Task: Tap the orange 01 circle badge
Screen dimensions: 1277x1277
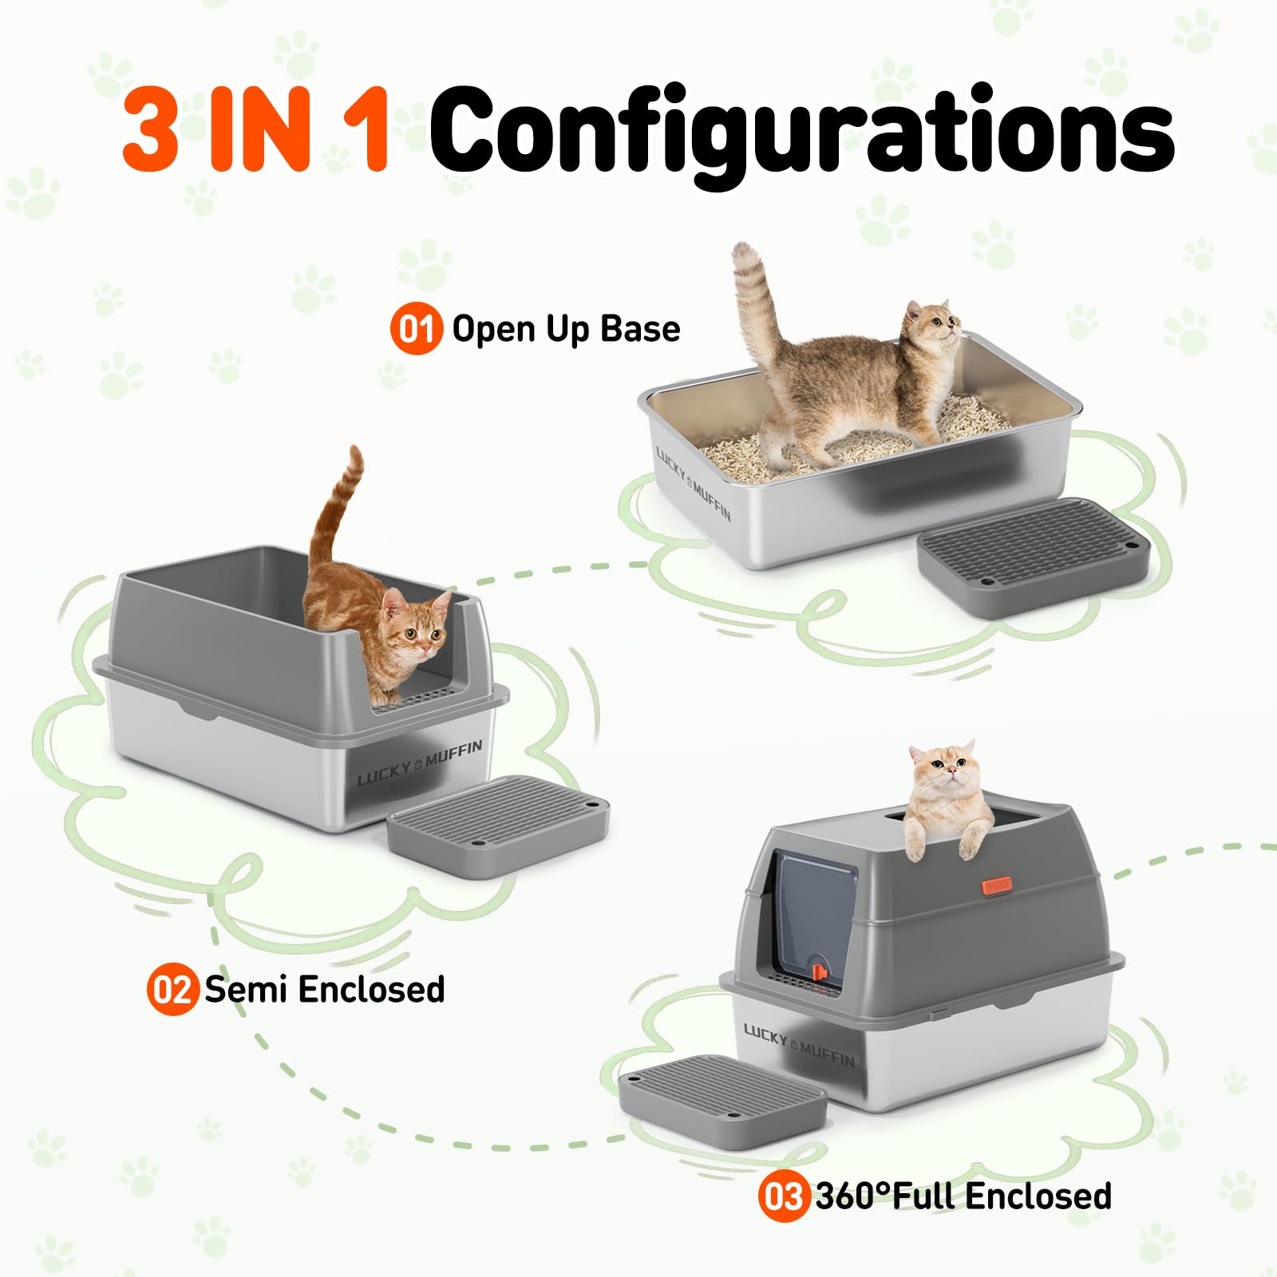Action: point(416,329)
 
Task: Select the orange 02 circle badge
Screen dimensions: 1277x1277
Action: point(172,990)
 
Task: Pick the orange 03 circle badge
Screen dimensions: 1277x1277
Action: point(783,1196)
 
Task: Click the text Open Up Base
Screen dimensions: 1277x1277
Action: point(565,329)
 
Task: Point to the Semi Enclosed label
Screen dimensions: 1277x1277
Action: point(324,990)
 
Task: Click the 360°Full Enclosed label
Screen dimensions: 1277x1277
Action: point(963,1196)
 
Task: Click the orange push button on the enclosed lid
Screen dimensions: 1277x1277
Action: point(997,884)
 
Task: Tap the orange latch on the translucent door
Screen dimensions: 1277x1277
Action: point(819,971)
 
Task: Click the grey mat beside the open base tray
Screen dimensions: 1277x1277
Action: point(1034,555)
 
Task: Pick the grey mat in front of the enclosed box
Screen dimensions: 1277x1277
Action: point(722,1093)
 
